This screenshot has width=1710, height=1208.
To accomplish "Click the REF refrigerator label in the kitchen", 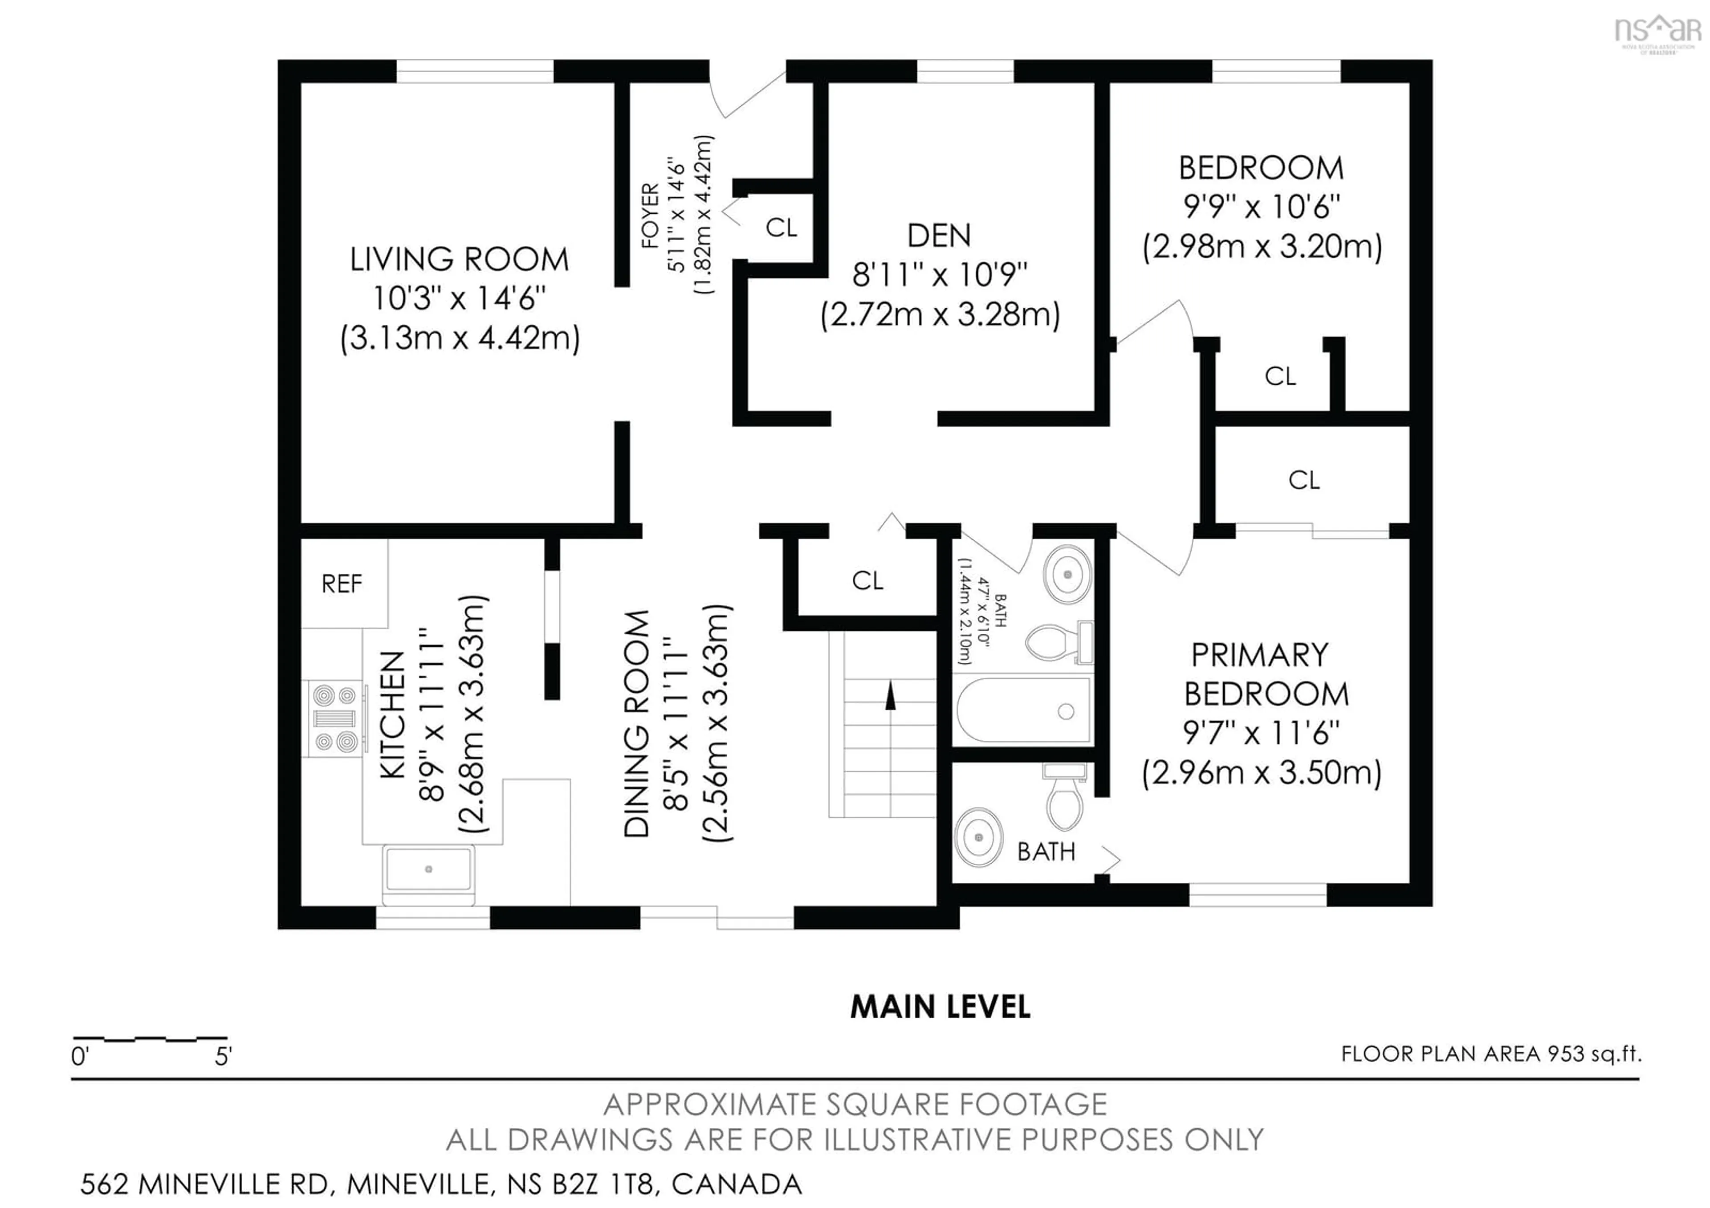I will point(342,584).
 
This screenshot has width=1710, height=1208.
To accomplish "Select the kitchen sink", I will point(429,869).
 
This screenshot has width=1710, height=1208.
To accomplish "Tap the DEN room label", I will point(939,236).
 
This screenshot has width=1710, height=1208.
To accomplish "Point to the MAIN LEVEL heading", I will point(940,1007).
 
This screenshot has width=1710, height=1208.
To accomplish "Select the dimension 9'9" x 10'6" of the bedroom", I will point(1262,207).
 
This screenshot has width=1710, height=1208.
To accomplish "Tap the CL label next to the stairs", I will point(867,581).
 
